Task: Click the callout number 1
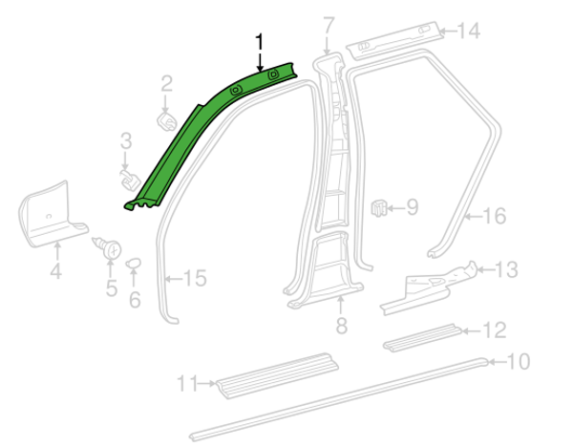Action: point(260,42)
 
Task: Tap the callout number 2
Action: point(166,84)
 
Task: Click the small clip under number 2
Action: point(167,121)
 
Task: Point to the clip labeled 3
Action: point(130,180)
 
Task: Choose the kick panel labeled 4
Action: point(52,214)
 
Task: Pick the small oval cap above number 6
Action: point(134,263)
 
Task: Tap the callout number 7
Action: point(329,26)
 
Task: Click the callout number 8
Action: point(341,326)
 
